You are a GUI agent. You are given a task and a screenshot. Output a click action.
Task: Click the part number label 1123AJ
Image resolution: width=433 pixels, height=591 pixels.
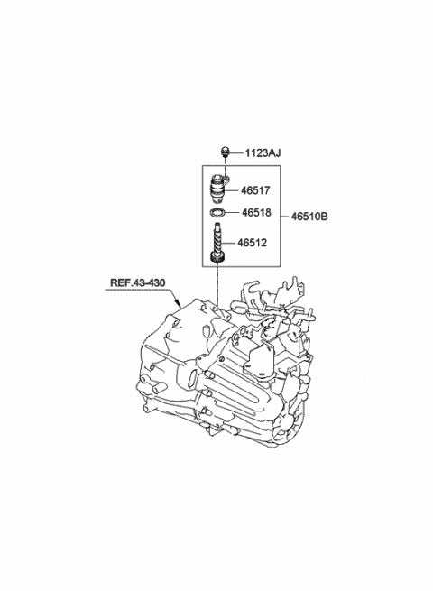263,153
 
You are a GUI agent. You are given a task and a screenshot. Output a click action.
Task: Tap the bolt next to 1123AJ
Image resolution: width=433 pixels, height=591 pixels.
225,152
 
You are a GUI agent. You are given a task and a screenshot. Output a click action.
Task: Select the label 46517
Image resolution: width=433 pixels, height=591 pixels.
256,190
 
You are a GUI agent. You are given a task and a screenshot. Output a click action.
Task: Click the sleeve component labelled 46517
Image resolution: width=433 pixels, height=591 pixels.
217,188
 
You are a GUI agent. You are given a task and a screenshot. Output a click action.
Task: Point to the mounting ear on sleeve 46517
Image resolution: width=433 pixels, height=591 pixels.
226,176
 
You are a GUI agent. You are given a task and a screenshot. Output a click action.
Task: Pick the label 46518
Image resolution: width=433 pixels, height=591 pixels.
256,213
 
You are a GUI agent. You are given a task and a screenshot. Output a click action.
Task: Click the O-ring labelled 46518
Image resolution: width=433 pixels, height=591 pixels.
217,213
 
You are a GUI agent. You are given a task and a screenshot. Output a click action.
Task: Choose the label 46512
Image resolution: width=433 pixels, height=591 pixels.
252,243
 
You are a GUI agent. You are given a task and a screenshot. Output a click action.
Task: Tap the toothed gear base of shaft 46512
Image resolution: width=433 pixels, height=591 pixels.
217,258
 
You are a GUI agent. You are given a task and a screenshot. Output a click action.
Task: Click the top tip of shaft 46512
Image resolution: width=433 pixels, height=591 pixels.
216,225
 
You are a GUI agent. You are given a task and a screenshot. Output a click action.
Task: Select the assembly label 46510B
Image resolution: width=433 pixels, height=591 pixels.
309,217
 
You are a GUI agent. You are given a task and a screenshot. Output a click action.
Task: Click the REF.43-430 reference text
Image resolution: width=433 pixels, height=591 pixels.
137,282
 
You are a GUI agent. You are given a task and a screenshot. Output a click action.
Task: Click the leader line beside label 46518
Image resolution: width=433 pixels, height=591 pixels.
233,213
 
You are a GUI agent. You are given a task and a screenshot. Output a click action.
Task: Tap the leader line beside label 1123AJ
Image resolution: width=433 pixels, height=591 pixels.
236,153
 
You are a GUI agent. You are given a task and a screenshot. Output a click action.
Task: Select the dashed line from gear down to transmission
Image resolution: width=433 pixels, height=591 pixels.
217,285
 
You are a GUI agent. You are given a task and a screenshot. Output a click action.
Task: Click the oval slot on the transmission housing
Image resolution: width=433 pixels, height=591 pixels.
192,378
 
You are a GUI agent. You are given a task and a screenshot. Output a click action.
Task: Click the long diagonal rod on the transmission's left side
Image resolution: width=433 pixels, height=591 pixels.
165,355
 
